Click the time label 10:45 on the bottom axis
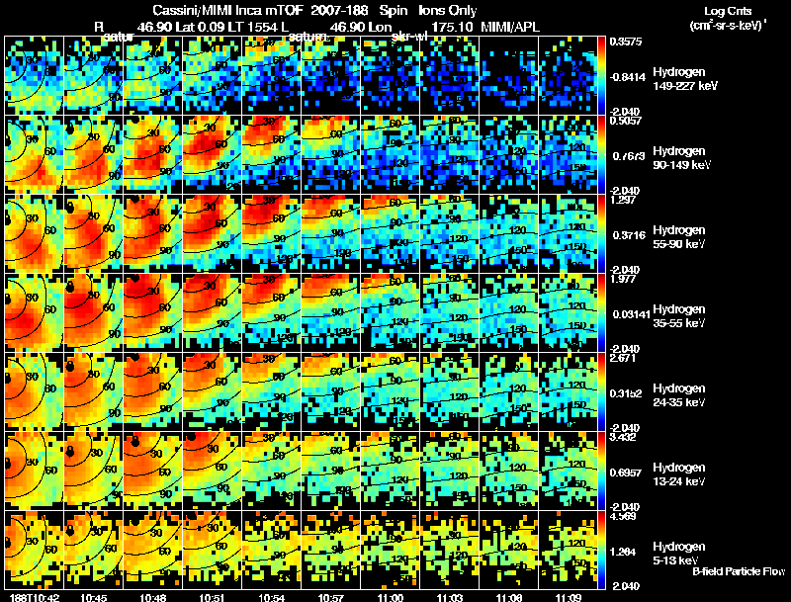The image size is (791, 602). (94, 597)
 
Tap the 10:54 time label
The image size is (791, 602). (272, 597)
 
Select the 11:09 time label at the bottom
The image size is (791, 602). (569, 597)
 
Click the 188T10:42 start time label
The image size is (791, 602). (30, 597)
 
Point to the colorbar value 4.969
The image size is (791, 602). (623, 517)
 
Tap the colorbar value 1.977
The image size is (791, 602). (623, 280)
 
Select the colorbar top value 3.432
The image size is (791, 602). (623, 438)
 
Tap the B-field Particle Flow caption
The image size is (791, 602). (740, 572)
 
